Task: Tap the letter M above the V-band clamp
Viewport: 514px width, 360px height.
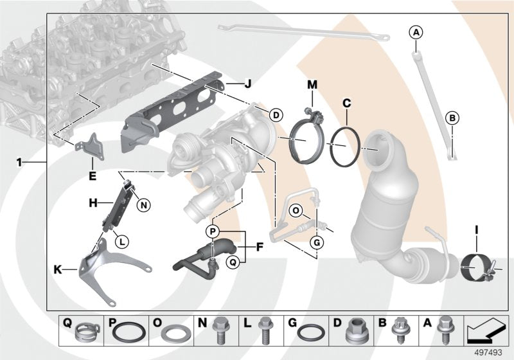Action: (x=312, y=84)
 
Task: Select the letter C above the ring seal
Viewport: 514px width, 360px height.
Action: (x=346, y=102)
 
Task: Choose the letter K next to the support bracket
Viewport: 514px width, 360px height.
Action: (x=58, y=271)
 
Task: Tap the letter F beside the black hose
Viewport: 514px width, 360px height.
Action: (x=260, y=246)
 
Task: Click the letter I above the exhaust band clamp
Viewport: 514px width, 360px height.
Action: (x=477, y=229)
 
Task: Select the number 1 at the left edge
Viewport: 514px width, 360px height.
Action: (x=19, y=163)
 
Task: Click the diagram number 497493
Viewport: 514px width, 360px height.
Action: (x=490, y=352)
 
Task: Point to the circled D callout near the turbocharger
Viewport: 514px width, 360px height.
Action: (x=274, y=115)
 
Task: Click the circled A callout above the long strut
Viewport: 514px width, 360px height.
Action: (x=416, y=32)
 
